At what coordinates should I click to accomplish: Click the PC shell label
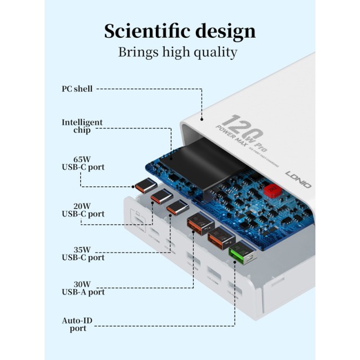[77, 89]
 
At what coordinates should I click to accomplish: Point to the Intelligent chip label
[82, 126]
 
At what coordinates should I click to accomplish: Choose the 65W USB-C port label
[83, 163]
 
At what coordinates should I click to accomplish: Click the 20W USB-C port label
[83, 210]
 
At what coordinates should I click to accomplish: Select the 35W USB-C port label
[83, 253]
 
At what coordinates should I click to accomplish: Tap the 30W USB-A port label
[83, 288]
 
